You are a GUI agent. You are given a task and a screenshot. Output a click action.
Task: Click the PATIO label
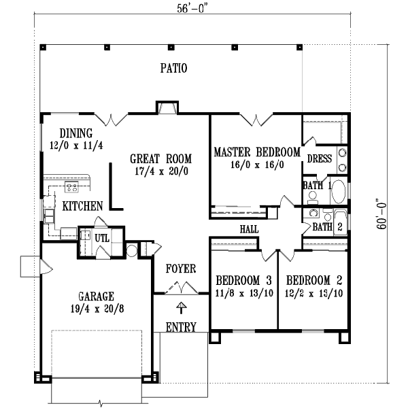pos(173,68)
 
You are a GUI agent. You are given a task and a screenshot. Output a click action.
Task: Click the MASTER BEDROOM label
pos(256,152)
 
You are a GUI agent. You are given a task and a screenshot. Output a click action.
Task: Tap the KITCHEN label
pos(83,205)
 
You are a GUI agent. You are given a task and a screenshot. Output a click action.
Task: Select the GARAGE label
pos(95,296)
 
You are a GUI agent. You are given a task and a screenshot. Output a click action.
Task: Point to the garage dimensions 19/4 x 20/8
pos(95,307)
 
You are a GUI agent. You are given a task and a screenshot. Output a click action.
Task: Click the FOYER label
pos(181,269)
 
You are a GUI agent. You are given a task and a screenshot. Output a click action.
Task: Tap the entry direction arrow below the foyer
pos(181,307)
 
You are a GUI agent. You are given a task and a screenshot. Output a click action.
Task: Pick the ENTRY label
pos(181,327)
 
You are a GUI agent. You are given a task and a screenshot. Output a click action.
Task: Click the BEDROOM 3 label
pos(243,280)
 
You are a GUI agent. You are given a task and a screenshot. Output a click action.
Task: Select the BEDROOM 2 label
pos(313,280)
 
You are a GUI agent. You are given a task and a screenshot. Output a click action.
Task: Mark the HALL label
pos(249,230)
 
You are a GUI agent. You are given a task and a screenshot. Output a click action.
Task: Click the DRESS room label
pos(319,158)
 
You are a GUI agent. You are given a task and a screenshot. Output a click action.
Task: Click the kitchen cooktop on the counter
pos(71,186)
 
